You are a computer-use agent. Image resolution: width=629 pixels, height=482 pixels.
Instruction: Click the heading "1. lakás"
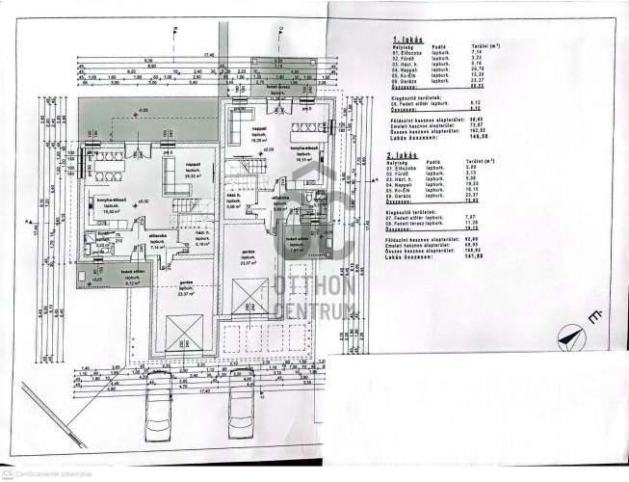pos(398,39)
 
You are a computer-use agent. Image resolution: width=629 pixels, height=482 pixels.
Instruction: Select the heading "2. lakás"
pos(399,153)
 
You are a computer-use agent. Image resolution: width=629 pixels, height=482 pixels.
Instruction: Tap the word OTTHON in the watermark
pos(314,286)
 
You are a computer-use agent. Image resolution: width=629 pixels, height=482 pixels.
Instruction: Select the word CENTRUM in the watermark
pos(314,310)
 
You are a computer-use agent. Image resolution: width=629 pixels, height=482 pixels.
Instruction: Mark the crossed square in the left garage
pos(180,333)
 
